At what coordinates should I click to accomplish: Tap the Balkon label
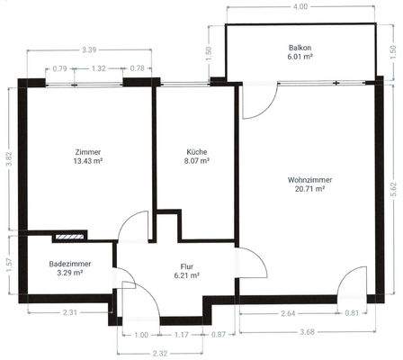point(300,47)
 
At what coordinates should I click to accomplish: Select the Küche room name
point(198,152)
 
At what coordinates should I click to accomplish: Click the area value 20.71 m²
point(309,189)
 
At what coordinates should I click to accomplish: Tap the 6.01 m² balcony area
point(300,57)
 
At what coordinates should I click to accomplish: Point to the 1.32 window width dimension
point(99,68)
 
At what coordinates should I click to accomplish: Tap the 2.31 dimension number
point(69,312)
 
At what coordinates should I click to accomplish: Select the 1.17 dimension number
point(180,334)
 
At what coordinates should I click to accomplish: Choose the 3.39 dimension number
point(89,50)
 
